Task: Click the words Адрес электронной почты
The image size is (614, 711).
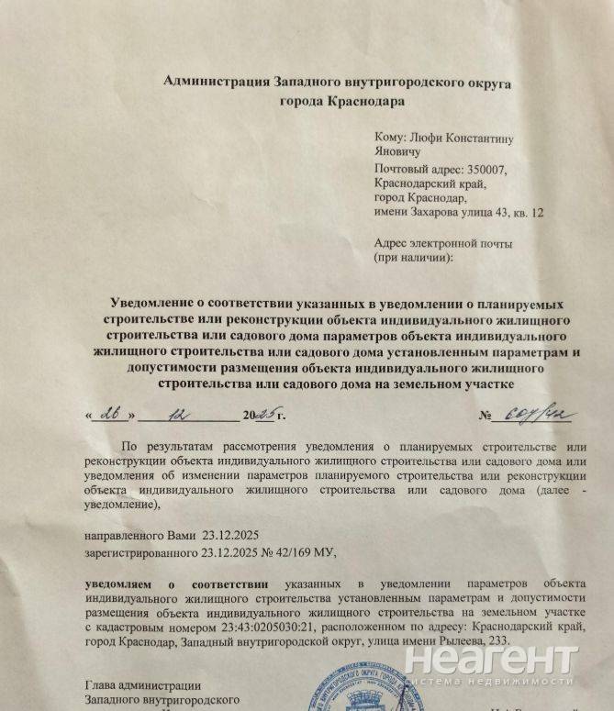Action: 443,244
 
